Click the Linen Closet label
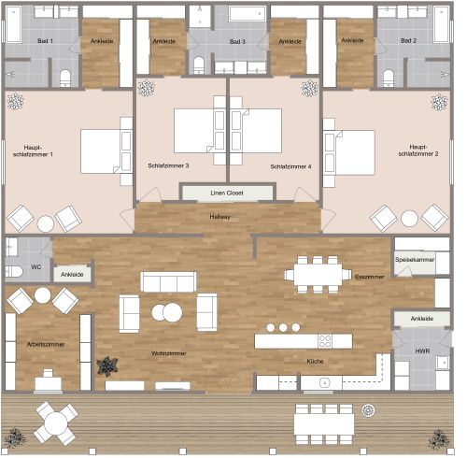point(228,193)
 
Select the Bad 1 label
point(45,42)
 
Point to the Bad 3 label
point(238,42)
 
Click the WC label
point(36,267)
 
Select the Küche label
point(316,361)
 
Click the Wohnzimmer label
point(169,354)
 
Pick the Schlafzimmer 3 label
point(168,166)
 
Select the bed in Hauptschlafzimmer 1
point(101,151)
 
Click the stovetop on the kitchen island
point(325,340)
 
